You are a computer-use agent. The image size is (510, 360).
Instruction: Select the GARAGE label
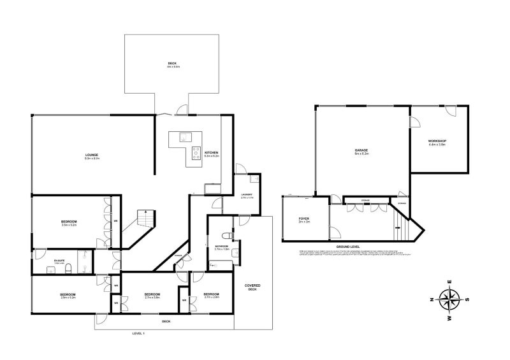(x=361, y=151)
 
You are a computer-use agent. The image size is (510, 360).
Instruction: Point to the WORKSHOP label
(x=437, y=141)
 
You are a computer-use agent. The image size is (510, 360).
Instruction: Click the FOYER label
(x=303, y=219)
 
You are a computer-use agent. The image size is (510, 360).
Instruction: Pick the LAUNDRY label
(x=247, y=194)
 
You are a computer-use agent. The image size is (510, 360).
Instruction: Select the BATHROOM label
(x=222, y=246)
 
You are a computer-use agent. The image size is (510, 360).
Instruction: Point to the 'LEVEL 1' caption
(x=139, y=333)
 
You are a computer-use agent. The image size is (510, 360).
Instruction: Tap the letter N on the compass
(x=432, y=299)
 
